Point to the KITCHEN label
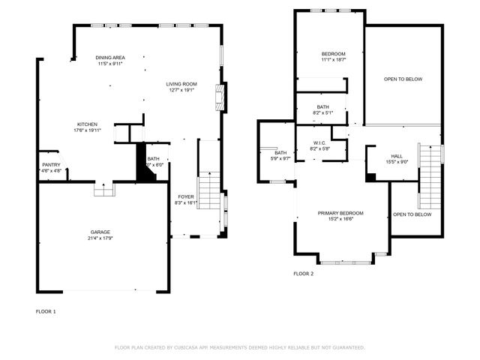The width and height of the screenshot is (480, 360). pos(87,124)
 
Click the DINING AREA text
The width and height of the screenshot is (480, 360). pos(109,58)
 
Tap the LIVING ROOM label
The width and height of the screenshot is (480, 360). pos(181,83)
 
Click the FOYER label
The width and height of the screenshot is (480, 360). pos(185,196)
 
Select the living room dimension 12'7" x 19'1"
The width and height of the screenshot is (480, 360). pos(181,90)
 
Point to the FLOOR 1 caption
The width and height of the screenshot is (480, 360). pos(46,310)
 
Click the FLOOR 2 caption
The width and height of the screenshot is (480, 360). pos(303,274)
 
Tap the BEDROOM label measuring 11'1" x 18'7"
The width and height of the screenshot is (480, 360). pos(333,54)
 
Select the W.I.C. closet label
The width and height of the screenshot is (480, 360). pos(319,142)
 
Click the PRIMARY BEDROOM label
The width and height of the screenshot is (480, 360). pos(340,212)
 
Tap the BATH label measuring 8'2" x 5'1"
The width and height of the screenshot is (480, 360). pos(322,106)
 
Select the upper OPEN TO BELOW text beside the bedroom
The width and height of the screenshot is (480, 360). pos(403,79)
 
